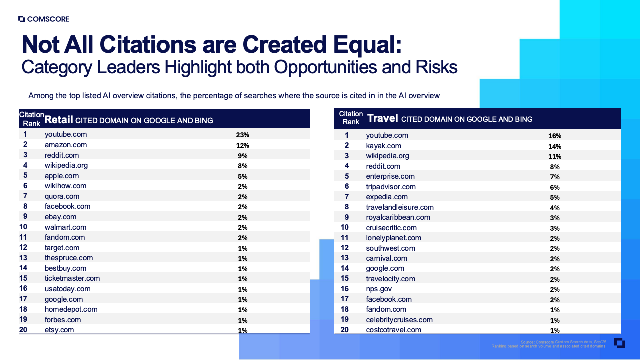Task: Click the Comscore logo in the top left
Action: tap(44, 19)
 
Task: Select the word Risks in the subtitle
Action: tap(436, 67)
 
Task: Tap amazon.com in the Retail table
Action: tap(66, 145)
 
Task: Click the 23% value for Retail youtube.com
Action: tap(242, 135)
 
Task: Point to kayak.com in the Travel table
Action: tap(383, 146)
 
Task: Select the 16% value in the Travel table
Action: tap(555, 136)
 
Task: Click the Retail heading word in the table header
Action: tap(59, 120)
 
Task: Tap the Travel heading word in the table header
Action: tap(382, 118)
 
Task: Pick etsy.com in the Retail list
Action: tap(59, 330)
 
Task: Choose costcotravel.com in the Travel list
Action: tap(393, 330)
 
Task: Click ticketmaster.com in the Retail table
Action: tap(72, 278)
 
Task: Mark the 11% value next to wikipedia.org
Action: tap(555, 156)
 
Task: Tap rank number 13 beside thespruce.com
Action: tap(23, 258)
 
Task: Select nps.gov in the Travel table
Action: tap(379, 289)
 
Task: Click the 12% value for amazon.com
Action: tap(242, 145)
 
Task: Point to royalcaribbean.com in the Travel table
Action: tap(398, 217)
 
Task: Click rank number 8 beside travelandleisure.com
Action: tap(347, 207)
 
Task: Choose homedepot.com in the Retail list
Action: tap(71, 309)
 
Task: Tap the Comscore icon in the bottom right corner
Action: tap(620, 343)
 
